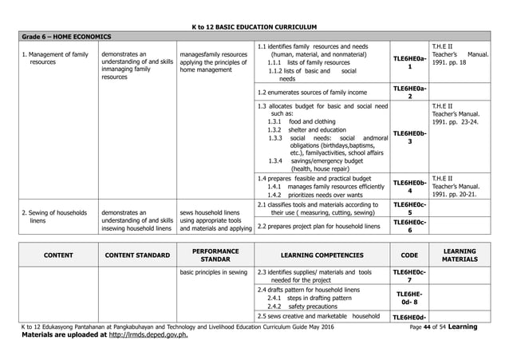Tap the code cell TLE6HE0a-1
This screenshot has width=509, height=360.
click(409, 62)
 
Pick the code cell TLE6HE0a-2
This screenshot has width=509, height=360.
click(409, 92)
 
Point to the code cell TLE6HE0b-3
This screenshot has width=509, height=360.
click(409, 136)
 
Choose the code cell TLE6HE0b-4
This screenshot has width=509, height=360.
click(409, 186)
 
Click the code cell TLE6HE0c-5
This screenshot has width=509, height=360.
click(409, 208)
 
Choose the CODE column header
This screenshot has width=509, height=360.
click(409, 255)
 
